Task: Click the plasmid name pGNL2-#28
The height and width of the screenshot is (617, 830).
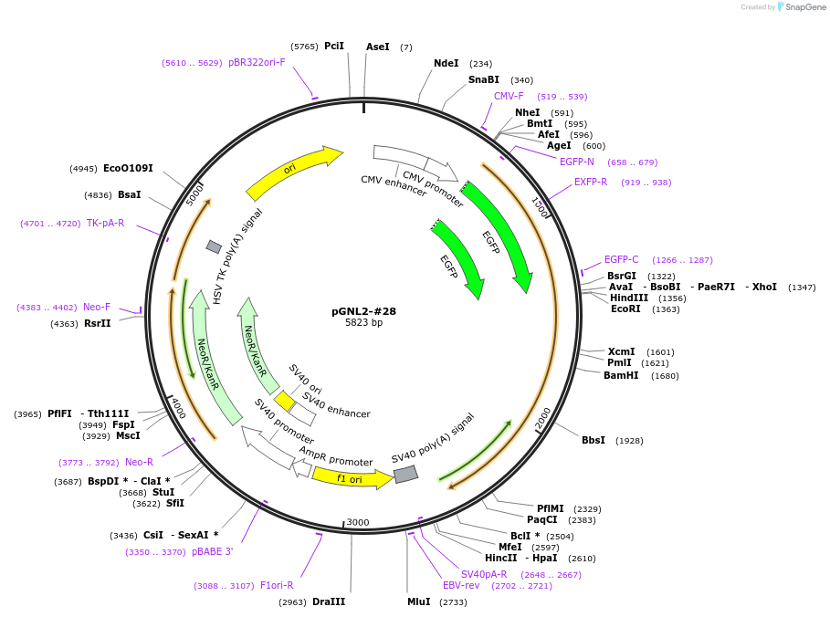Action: (x=363, y=311)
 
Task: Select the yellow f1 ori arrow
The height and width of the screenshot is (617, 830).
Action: (x=352, y=478)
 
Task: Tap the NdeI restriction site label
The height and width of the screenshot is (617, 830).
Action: (x=447, y=63)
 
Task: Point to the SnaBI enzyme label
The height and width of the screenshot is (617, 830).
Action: (x=484, y=79)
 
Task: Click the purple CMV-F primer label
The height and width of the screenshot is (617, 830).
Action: (x=509, y=96)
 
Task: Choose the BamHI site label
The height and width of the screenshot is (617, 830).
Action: (x=621, y=375)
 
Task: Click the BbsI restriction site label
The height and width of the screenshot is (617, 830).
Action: (x=594, y=440)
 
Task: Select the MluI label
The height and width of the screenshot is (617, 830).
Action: (x=419, y=601)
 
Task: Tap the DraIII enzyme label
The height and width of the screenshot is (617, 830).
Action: (x=329, y=601)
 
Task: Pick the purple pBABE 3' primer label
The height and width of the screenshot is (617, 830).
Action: (x=212, y=551)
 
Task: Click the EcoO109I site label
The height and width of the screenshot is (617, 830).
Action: (x=128, y=168)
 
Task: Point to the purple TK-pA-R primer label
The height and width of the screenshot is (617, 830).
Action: (x=105, y=223)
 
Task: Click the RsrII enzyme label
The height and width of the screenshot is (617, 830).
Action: (x=98, y=323)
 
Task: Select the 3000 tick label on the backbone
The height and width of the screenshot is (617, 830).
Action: (x=358, y=522)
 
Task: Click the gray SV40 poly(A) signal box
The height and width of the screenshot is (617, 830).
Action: (x=406, y=474)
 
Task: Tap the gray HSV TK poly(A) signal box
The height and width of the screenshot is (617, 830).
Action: (x=214, y=246)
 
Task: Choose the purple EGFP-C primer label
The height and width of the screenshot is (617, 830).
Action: (x=622, y=259)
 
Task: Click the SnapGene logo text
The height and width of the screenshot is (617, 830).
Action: (x=805, y=7)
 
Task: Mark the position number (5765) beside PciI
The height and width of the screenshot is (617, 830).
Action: (x=304, y=47)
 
